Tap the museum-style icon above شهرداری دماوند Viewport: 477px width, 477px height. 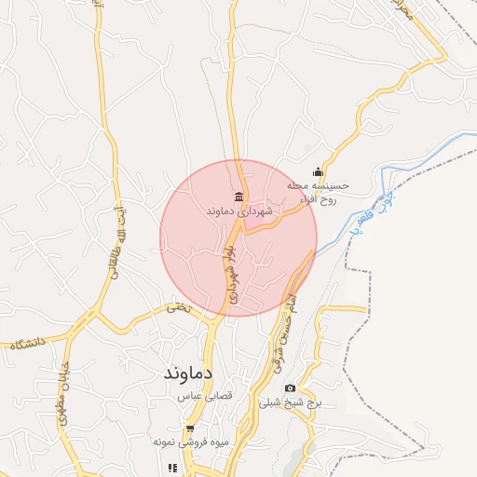click(x=240, y=197)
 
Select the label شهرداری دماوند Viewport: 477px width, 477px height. click(x=240, y=211)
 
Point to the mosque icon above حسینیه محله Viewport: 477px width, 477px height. click(x=318, y=171)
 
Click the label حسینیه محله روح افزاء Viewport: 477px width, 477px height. click(x=318, y=192)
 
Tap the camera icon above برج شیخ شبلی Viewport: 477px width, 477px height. click(x=290, y=388)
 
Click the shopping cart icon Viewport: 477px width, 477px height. click(x=190, y=429)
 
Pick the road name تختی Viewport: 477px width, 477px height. click(x=177, y=307)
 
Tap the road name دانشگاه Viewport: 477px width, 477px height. click(x=29, y=344)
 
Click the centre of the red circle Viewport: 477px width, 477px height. click(x=238, y=238)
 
